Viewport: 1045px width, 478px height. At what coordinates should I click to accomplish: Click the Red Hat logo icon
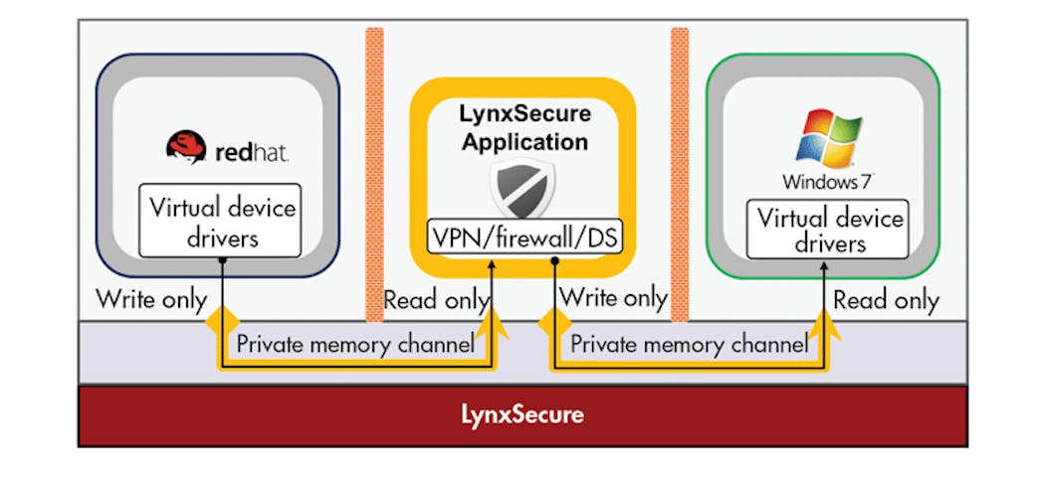pos(186,149)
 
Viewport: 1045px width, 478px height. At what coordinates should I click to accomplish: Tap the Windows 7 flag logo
pos(825,137)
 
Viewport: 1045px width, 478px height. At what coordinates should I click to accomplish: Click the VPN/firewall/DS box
pos(523,237)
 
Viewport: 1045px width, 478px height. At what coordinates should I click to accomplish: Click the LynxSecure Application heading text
pos(522,128)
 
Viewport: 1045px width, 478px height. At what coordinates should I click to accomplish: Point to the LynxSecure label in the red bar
pos(522,413)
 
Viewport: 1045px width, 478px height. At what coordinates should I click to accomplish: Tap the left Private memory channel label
pos(355,345)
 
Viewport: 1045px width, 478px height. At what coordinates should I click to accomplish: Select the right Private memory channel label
pos(689,345)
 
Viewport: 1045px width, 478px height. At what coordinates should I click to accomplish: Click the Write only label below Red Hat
pos(151,298)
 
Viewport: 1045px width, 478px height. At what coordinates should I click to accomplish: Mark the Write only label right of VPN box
pos(613,298)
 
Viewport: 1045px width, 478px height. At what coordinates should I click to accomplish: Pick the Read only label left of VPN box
pos(436,298)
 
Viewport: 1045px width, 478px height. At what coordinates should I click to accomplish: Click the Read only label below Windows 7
pos(886,300)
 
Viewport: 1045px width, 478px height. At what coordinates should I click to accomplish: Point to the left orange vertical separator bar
pos(374,174)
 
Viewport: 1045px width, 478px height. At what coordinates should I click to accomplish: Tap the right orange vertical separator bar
pos(680,174)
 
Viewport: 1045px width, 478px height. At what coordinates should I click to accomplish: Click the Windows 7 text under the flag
pos(825,182)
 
